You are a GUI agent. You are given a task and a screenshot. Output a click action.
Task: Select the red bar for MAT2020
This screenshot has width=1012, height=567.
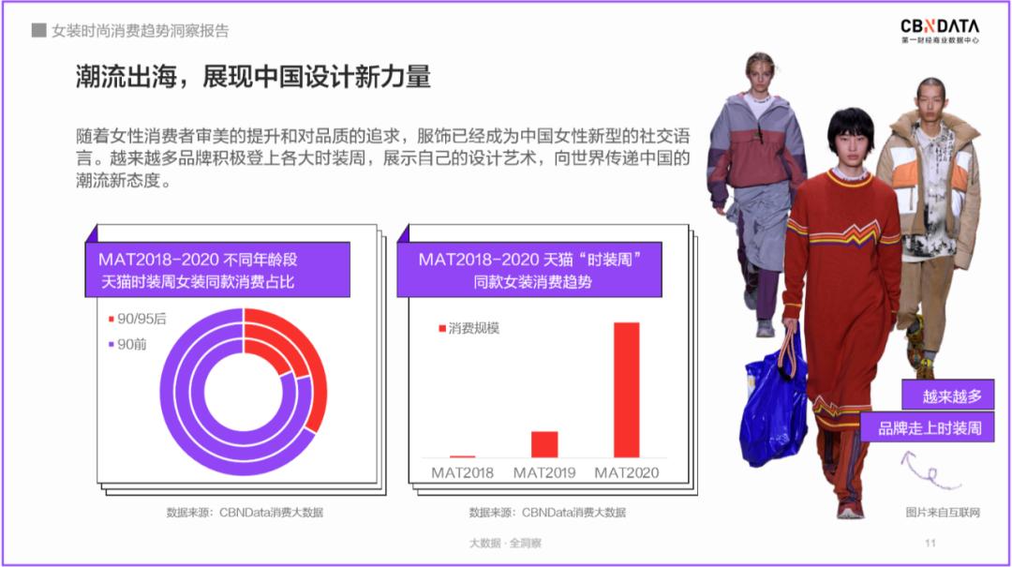626,389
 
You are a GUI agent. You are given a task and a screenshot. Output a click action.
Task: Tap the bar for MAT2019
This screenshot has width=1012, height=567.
544,443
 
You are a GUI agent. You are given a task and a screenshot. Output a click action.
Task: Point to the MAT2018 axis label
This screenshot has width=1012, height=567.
462,472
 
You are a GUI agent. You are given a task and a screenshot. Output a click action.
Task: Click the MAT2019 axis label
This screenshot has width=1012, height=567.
544,472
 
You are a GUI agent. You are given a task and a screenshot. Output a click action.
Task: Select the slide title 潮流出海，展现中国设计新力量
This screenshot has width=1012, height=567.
253,77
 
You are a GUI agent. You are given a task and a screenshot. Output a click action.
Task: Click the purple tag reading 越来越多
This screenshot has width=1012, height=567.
947,395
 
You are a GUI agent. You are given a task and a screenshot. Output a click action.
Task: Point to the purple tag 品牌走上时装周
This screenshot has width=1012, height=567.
929,428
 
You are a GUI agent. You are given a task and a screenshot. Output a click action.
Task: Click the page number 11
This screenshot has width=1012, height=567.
930,543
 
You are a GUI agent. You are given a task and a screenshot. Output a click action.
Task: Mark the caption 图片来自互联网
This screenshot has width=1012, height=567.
942,512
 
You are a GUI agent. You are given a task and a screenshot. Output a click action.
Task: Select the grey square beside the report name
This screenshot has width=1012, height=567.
38,30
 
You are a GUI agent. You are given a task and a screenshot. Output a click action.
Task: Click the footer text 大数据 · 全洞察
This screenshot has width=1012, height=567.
505,543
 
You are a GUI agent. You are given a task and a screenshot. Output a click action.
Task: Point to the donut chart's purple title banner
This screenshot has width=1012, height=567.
217,270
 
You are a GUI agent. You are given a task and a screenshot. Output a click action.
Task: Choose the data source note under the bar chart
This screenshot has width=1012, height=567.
547,513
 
